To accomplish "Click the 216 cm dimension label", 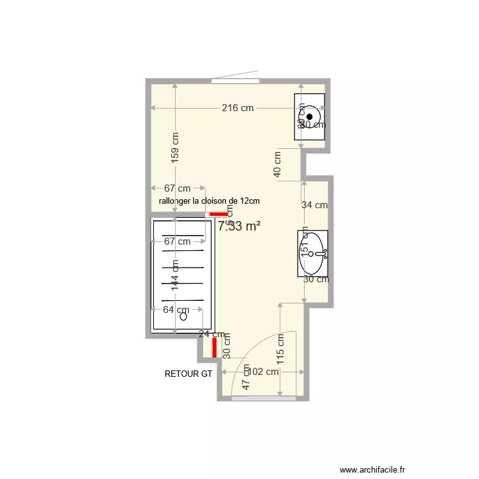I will coord(238,108).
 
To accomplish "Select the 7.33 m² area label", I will coord(239,225).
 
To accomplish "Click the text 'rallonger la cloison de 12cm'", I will coord(209,201).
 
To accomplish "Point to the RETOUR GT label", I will coord(188,374).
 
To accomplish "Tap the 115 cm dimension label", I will coord(281,350).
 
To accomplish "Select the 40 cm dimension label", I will coord(278,165).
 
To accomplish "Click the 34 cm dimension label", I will coord(314,205).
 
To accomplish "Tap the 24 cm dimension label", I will coord(211,333).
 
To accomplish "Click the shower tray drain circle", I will coord(183,316).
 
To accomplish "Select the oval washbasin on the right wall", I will coord(312,254).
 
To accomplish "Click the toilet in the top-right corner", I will coord(310,116).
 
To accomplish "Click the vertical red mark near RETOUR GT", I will coord(215,347).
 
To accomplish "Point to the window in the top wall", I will coord(236,80).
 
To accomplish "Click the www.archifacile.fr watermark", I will coord(373,469).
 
